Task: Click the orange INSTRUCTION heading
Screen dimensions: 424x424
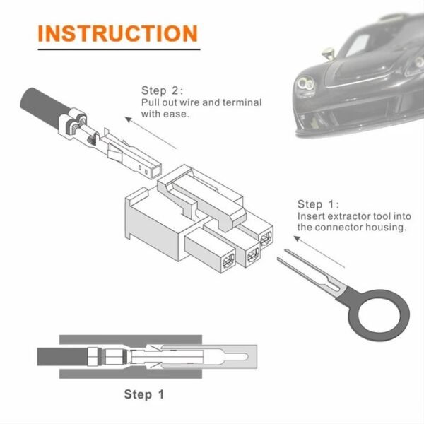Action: (117, 33)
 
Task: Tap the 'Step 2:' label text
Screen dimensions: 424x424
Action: (163, 90)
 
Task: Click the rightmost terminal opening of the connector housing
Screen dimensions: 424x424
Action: (266, 239)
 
